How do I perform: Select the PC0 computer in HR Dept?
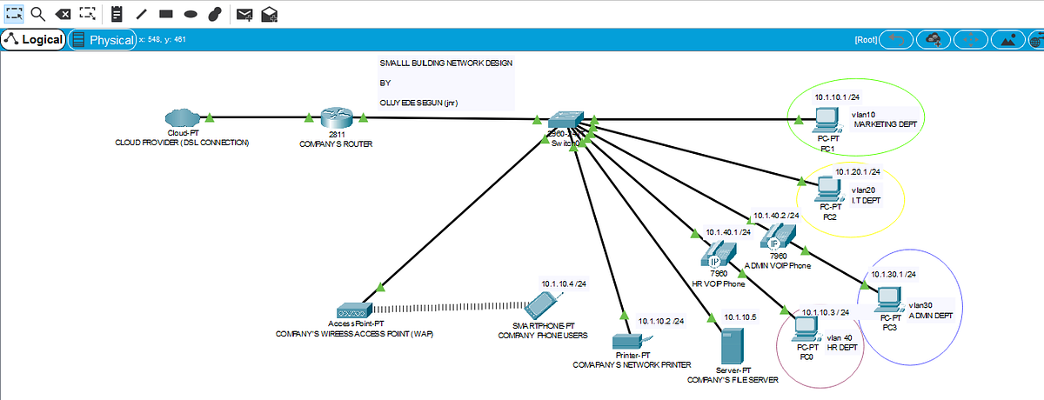click(x=805, y=329)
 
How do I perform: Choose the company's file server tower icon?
click(x=732, y=346)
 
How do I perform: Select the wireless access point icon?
click(x=354, y=310)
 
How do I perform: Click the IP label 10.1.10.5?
click(x=737, y=317)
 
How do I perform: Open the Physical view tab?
click(x=103, y=40)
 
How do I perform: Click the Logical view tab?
click(x=34, y=40)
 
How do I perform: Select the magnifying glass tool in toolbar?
click(x=38, y=13)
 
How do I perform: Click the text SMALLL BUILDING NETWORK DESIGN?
click(x=446, y=63)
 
